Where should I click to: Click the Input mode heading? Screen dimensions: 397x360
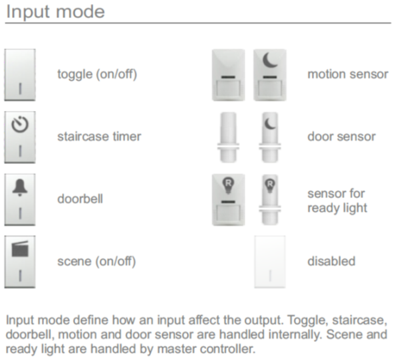pos(55,12)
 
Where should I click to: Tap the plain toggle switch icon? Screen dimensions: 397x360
pos(20,75)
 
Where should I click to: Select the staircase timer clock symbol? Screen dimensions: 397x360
pos(20,124)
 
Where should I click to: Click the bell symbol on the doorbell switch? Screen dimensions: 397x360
pos(20,187)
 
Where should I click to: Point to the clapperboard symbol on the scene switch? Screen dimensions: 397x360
pos(20,249)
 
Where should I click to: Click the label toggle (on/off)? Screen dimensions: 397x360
pos(97,74)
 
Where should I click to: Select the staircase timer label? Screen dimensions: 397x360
pos(99,137)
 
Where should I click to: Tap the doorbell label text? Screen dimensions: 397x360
pos(80,199)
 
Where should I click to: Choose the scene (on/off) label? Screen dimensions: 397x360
pos(96,262)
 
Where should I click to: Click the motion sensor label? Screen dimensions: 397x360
pos(348,74)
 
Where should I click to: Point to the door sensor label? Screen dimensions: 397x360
pos(342,137)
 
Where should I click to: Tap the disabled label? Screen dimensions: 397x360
pos(331,261)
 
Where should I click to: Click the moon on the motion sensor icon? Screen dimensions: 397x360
pos(269,60)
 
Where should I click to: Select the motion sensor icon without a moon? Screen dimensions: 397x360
pos(228,75)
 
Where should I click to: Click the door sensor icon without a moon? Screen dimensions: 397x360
pos(228,137)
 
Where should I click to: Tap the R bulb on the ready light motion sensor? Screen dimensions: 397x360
pos(228,185)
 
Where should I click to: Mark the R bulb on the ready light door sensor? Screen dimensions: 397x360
pos(270,186)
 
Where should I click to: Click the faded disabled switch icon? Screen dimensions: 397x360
pos(270,262)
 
